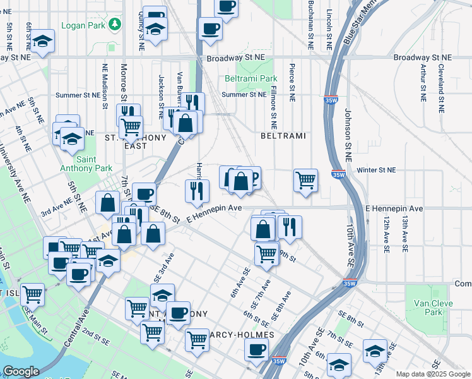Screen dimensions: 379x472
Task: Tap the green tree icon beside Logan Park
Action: click(x=115, y=25)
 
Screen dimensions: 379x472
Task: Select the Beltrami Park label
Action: click(x=251, y=79)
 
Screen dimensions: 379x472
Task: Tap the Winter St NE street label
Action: click(x=375, y=170)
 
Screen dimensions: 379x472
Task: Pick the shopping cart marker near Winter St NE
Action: click(x=305, y=180)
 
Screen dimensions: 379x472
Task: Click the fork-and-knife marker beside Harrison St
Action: click(x=196, y=189)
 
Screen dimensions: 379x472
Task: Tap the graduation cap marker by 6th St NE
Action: click(x=44, y=41)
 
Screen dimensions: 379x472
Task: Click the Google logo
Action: click(x=21, y=371)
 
